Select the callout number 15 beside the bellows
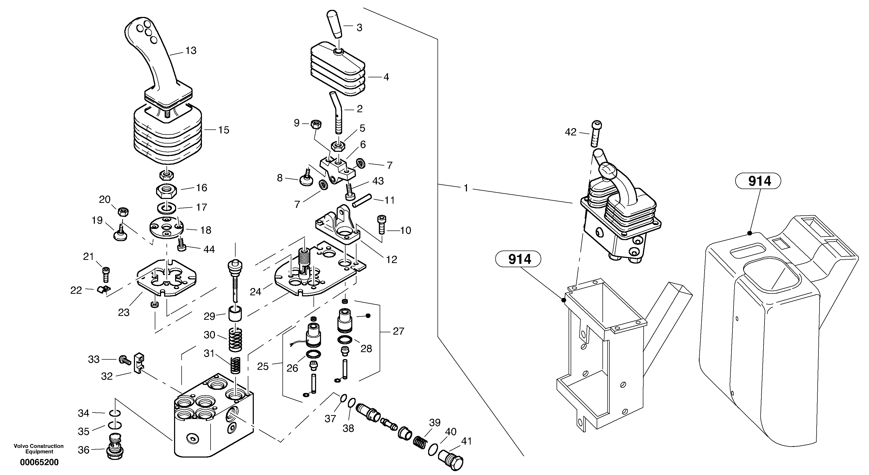coord(224,130)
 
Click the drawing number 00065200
coord(39,462)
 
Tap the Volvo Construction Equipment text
coord(39,449)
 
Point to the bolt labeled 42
coord(596,133)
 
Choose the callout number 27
coord(398,332)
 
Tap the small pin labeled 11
coord(362,200)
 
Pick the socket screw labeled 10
coord(381,224)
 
